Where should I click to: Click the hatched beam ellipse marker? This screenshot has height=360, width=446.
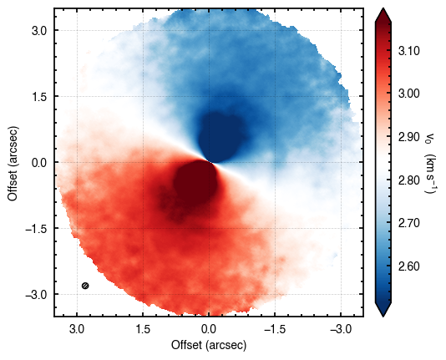pyautogui.click(x=85, y=286)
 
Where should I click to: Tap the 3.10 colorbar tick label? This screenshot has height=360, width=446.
pyautogui.click(x=408, y=52)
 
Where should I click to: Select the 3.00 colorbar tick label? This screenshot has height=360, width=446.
pyautogui.click(x=408, y=94)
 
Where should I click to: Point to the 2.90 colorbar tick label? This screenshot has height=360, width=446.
pyautogui.click(x=408, y=137)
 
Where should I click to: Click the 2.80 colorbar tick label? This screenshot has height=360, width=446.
pyautogui.click(x=408, y=180)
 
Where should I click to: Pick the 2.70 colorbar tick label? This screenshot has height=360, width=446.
pyautogui.click(x=408, y=224)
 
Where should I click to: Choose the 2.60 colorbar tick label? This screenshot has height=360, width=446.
pyautogui.click(x=408, y=266)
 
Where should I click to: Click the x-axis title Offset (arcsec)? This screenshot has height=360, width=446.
pyautogui.click(x=209, y=345)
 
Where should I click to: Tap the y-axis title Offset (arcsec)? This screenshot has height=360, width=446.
pyautogui.click(x=13, y=163)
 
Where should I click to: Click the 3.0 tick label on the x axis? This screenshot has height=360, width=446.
pyautogui.click(x=77, y=330)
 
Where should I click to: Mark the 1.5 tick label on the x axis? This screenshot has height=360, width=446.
pyautogui.click(x=143, y=330)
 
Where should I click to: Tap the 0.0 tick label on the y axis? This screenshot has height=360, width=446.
pyautogui.click(x=39, y=162)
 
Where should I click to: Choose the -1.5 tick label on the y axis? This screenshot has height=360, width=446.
pyautogui.click(x=35, y=228)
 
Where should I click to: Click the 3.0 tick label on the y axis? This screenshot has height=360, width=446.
pyautogui.click(x=39, y=30)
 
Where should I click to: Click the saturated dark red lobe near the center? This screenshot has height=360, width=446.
pyautogui.click(x=195, y=181)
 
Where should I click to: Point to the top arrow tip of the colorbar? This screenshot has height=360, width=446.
pyautogui.click(x=383, y=8)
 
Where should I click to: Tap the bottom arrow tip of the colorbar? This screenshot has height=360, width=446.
pyautogui.click(x=383, y=317)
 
